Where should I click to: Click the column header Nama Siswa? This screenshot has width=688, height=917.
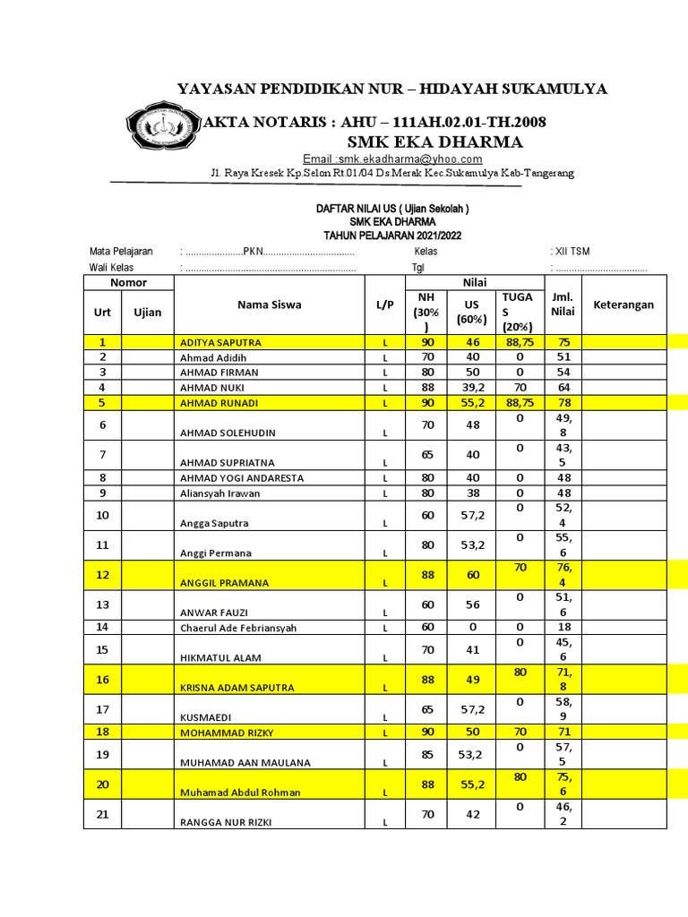269,304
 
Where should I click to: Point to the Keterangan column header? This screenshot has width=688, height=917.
623,304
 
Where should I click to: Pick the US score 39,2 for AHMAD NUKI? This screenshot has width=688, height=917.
471,387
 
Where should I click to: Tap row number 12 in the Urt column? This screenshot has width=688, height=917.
102,574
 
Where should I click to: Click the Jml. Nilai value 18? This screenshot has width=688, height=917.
563,628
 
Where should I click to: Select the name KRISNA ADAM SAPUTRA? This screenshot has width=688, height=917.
238,688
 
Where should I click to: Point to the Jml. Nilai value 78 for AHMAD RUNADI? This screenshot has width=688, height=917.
563,403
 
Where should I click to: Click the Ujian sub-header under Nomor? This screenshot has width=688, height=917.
148,312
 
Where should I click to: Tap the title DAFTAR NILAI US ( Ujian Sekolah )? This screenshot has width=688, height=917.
392,209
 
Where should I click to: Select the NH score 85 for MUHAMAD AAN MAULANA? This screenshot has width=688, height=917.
427,754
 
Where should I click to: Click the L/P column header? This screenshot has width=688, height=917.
385,304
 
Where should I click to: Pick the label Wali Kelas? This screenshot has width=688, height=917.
111,267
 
